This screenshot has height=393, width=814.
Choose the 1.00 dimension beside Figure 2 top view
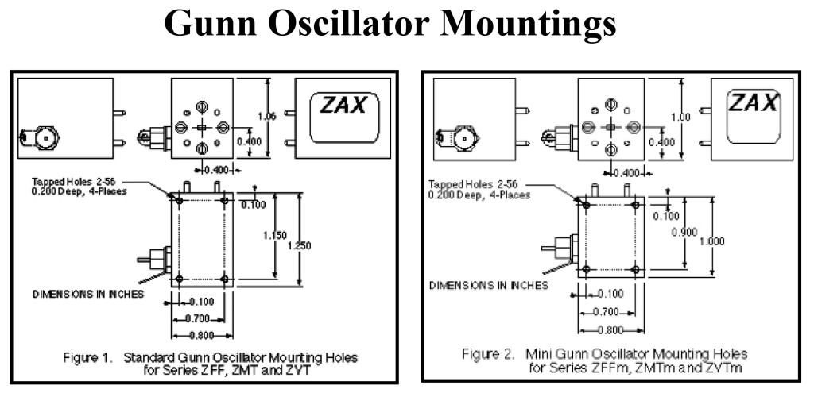pyautogui.click(x=682, y=116)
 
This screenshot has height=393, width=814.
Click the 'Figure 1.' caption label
pyautogui.click(x=87, y=357)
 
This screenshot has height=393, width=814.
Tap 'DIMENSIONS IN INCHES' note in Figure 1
pyautogui.click(x=88, y=293)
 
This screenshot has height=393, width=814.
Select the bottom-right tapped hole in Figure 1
pyautogui.click(x=226, y=279)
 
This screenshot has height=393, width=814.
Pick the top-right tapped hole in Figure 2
pyautogui.click(x=634, y=205)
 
